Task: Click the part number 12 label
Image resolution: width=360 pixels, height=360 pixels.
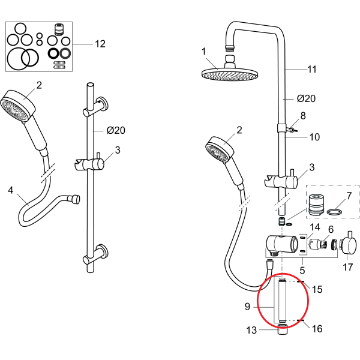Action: coord(100,44)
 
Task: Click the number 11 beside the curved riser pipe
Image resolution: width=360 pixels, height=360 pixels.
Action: coord(311,70)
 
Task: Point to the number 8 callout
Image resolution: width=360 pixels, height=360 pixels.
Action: coord(303,115)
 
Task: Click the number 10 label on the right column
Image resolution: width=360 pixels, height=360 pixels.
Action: coord(314,137)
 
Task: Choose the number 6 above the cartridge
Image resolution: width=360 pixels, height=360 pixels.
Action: coord(330,230)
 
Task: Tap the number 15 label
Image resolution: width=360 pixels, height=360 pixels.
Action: coord(317,289)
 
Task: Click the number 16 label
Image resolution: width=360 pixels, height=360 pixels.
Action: coord(317,328)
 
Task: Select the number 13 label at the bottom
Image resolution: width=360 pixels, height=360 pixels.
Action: coord(251,329)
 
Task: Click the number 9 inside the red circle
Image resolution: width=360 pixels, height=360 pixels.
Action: coord(248,307)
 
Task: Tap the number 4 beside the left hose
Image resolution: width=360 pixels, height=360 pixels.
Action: coord(10,191)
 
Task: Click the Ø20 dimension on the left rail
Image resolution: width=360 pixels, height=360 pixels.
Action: coord(115,130)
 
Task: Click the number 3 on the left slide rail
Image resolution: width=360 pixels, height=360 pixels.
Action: coord(118,150)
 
